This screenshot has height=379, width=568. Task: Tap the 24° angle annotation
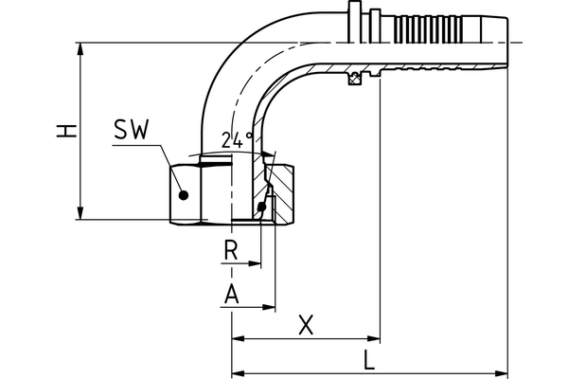[237, 139]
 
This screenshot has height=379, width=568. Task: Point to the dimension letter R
[229, 252]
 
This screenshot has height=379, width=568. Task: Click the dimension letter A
[230, 296]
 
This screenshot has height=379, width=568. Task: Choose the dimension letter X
[305, 325]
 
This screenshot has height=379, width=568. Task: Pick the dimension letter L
[370, 359]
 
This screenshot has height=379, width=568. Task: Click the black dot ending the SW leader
[185, 195]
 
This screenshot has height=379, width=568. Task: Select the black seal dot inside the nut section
[261, 207]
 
